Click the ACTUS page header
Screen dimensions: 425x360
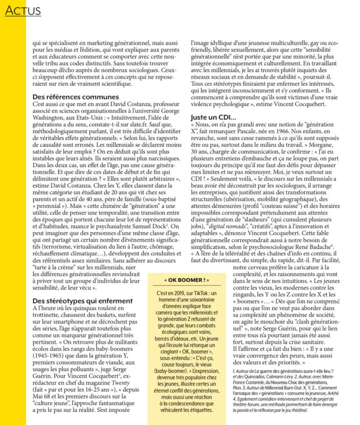(x=23, y=11)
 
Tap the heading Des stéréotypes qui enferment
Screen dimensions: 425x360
(x=82, y=300)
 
